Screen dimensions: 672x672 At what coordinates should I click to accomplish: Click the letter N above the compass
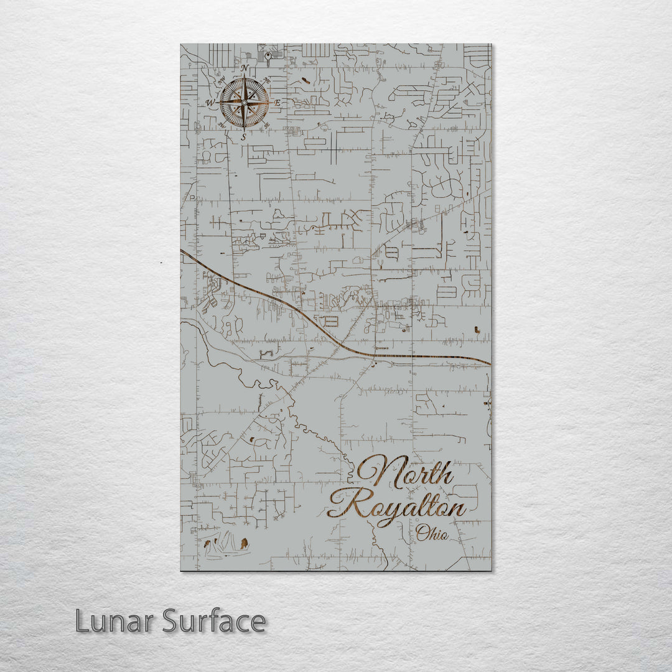click(x=245, y=68)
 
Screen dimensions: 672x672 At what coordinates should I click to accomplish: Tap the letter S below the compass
click(x=243, y=136)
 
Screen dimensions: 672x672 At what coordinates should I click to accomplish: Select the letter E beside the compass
click(x=277, y=102)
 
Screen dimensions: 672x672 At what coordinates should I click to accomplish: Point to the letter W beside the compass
click(x=210, y=103)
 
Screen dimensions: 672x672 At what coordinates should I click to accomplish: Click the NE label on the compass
click(x=266, y=80)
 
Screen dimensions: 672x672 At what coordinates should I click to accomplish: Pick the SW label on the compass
click(x=222, y=125)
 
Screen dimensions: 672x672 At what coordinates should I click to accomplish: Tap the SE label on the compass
click(x=266, y=124)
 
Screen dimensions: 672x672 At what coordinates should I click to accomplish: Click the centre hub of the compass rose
click(x=244, y=102)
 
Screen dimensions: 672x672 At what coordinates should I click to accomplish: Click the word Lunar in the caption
click(x=114, y=622)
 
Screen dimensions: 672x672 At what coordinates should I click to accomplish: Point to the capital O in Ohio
click(x=422, y=533)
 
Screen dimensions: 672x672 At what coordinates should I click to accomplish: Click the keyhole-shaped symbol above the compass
click(x=268, y=58)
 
